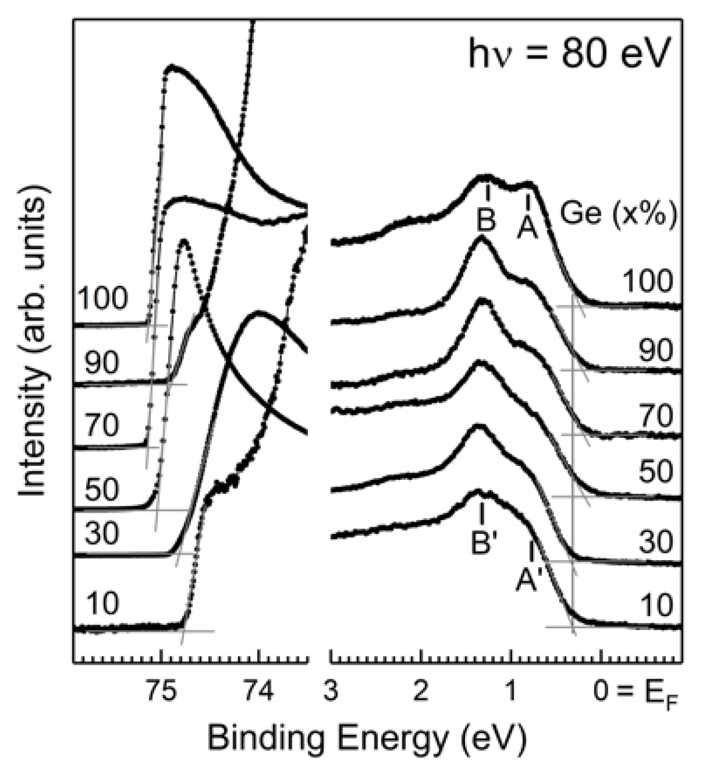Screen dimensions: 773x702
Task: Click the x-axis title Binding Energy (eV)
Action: coord(367,738)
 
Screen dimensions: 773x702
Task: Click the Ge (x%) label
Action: coord(619,214)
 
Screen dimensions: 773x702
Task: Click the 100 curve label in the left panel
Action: coord(103,299)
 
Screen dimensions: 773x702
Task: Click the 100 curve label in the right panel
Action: coord(648,281)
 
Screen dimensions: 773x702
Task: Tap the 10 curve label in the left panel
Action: coord(103,604)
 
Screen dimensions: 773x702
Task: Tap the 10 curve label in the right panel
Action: coord(656,605)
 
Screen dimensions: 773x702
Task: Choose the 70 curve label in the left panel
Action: coord(102,426)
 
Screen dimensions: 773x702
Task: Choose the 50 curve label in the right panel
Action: coord(656,472)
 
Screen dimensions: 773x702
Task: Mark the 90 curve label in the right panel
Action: coord(656,350)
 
